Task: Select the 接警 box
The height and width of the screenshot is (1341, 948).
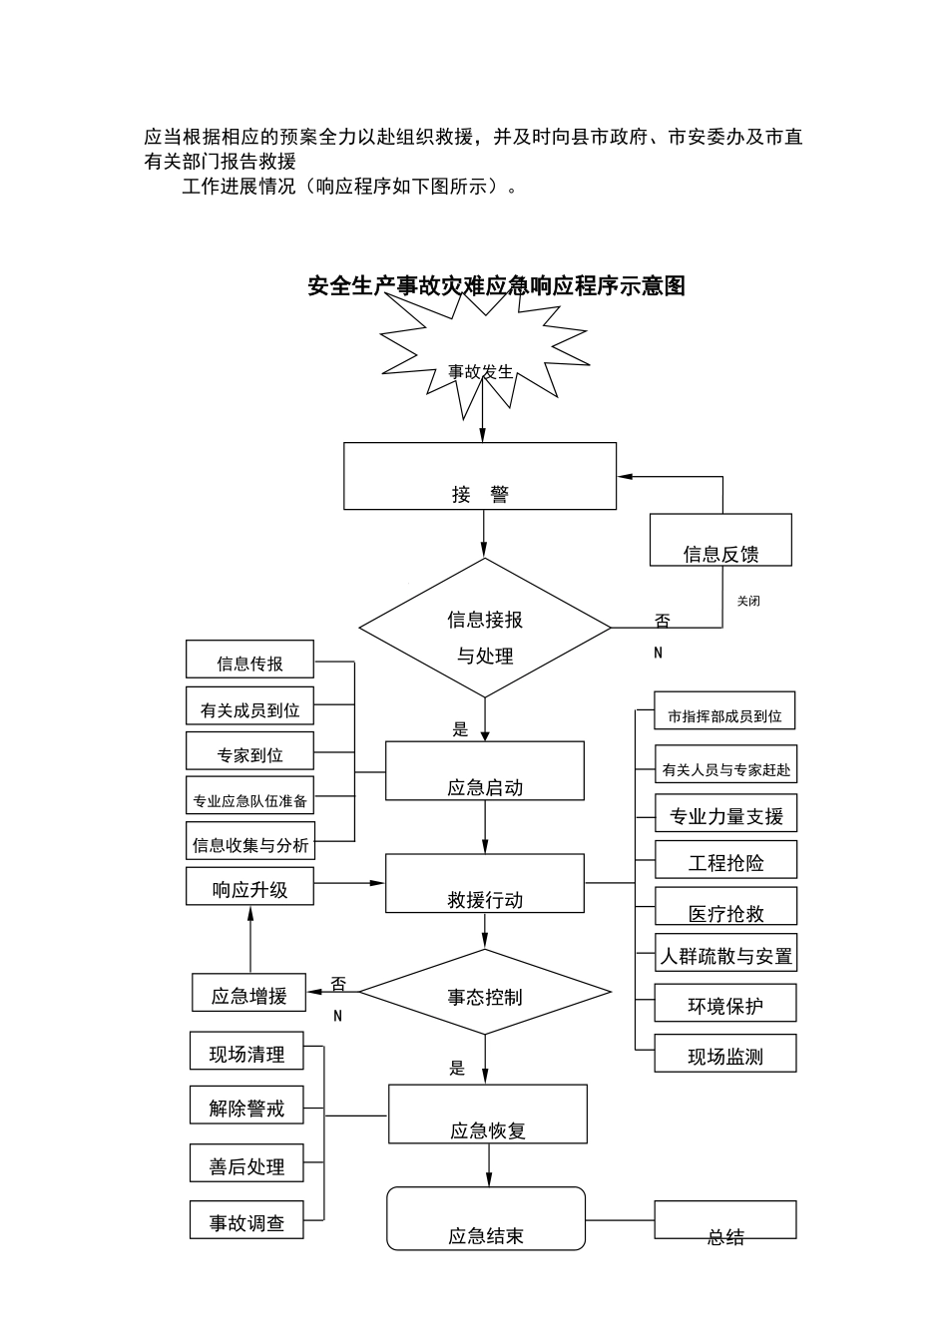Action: point(480,476)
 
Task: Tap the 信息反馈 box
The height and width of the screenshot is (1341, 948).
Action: point(720,540)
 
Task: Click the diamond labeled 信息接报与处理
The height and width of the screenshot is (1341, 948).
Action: point(485,628)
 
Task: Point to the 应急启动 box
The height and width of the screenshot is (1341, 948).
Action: point(485,770)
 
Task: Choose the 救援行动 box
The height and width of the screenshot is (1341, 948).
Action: point(485,883)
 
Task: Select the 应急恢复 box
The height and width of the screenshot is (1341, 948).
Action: point(487,1114)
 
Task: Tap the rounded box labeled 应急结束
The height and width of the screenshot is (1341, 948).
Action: point(486,1218)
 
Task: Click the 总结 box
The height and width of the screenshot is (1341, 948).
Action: point(725,1220)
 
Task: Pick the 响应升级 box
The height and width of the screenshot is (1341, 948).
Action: point(249,886)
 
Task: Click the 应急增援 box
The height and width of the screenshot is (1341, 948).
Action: point(249,993)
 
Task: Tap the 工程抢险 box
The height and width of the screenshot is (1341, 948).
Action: point(725,859)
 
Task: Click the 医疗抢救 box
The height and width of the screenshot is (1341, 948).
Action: point(725,906)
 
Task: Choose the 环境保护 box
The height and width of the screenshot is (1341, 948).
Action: point(725,1003)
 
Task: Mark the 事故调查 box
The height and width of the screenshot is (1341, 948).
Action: point(246,1220)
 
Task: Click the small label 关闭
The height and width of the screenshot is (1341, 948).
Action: point(748,602)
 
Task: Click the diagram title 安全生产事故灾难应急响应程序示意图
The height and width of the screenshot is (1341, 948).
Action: point(496,286)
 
